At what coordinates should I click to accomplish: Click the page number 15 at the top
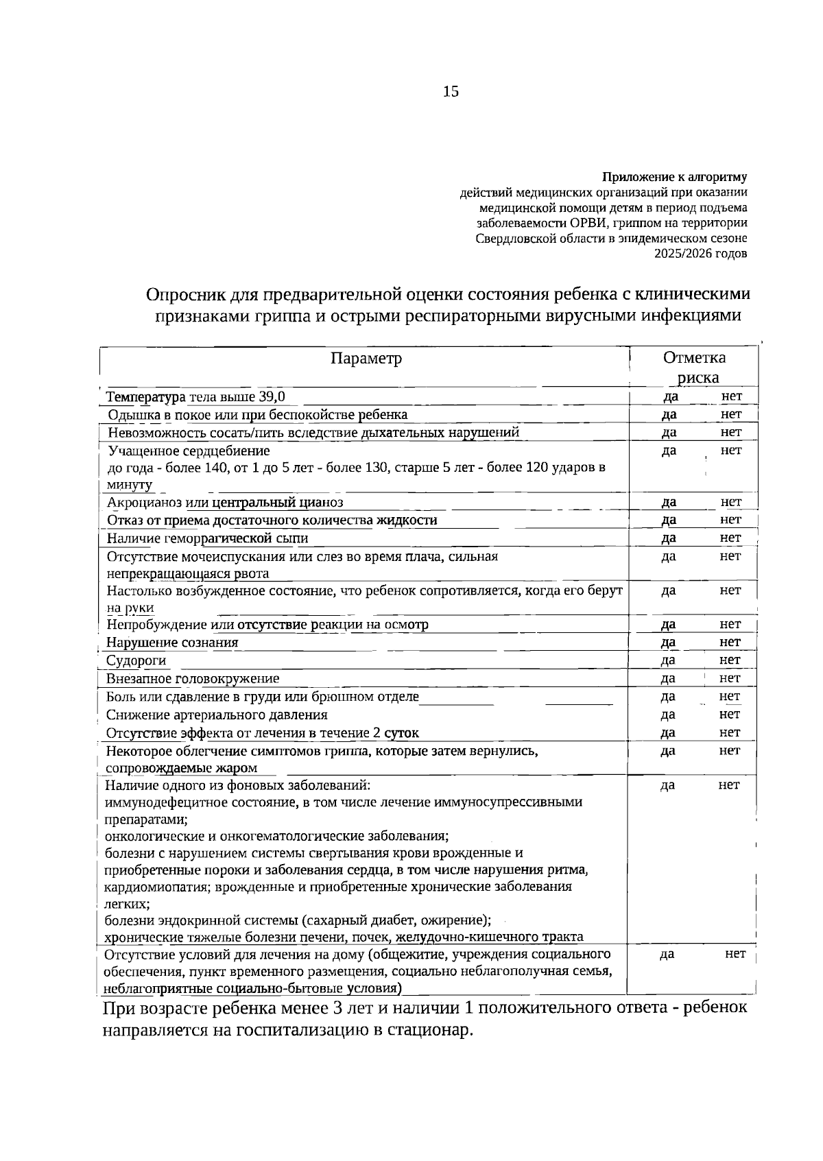tap(451, 91)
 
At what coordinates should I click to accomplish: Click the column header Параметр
tap(366, 359)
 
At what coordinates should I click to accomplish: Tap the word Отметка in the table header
tap(694, 357)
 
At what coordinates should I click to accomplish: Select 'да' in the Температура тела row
tap(671, 396)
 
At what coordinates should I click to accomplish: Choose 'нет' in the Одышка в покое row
tap(731, 414)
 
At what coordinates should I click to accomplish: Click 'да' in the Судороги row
tap(668, 660)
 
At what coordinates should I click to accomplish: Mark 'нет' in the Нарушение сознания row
tap(730, 643)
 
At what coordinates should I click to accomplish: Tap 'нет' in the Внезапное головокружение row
tap(730, 678)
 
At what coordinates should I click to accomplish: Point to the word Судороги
tap(136, 660)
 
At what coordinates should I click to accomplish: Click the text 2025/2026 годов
tap(701, 254)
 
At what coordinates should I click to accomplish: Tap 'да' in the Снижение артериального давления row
tap(668, 715)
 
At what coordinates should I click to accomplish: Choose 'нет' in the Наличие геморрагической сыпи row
tap(731, 538)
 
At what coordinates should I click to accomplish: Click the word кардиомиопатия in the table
tap(155, 887)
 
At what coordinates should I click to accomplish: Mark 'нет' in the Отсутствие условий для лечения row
tap(735, 954)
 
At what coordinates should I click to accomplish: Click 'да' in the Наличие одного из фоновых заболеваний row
tap(667, 785)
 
